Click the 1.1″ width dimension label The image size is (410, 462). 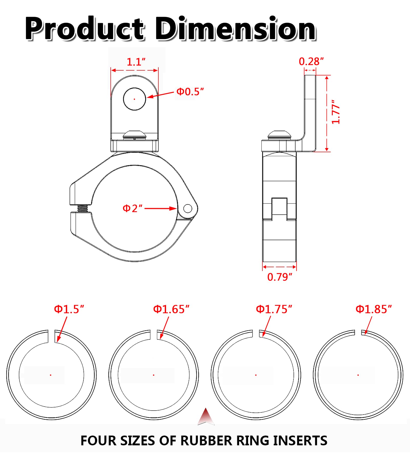pyautogui.click(x=136, y=62)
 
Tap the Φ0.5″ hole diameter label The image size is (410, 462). pyautogui.click(x=190, y=92)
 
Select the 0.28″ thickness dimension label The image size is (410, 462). pyautogui.click(x=311, y=62)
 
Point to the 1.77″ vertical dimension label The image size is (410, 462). pyautogui.click(x=336, y=112)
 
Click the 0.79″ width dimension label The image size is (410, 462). pyautogui.click(x=280, y=277)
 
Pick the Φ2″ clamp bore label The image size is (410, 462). pyautogui.click(x=132, y=208)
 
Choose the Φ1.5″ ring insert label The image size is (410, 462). pyautogui.click(x=69, y=309)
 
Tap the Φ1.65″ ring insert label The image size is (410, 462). pyautogui.click(x=171, y=309)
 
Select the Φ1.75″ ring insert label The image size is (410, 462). pyautogui.click(x=274, y=309)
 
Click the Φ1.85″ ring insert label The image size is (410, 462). pyautogui.click(x=374, y=309)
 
